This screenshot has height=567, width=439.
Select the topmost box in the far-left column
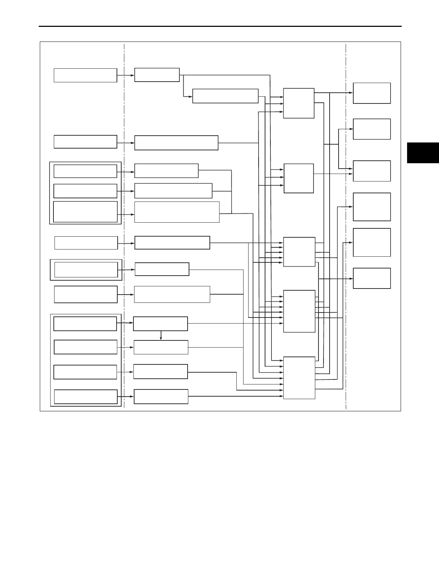click(85, 75)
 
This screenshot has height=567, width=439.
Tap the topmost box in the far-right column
click(372, 93)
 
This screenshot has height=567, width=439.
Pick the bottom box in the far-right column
click(372, 278)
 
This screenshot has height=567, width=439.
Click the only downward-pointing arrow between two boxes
click(161, 335)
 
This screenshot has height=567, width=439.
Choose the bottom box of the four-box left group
click(86, 397)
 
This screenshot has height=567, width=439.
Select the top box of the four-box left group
click(85, 324)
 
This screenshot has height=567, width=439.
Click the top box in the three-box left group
click(85, 171)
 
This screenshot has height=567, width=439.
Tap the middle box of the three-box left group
click(85, 191)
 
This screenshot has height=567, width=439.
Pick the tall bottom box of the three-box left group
click(85, 212)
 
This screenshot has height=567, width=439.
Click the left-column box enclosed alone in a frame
click(86, 270)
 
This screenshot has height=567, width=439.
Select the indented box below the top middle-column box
click(225, 96)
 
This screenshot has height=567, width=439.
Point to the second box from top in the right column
click(372, 129)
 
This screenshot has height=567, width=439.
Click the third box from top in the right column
click(372, 171)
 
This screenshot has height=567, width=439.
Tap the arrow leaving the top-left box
click(126, 75)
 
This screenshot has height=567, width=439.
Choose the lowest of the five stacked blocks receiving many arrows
click(299, 378)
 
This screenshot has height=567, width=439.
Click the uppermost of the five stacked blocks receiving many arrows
click(298, 103)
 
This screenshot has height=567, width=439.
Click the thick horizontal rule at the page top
click(219, 26)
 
